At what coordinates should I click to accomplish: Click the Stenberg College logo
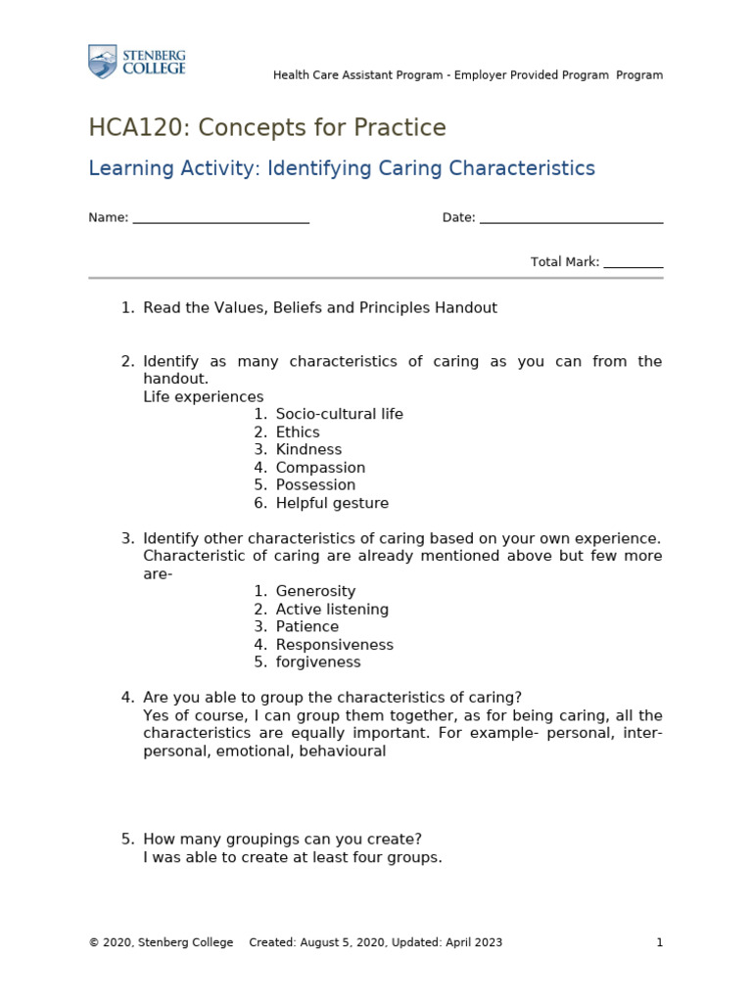point(136,61)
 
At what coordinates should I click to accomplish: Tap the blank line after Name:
point(220,218)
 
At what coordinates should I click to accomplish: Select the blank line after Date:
point(571,218)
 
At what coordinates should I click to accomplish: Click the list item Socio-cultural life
point(339,414)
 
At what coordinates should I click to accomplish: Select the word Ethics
point(298,433)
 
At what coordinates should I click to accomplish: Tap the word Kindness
point(308,450)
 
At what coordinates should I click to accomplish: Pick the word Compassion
point(320,468)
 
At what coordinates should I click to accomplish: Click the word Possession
point(315,485)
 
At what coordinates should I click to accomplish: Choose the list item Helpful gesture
point(332,503)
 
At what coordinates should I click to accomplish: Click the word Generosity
point(315,591)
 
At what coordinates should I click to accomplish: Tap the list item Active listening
point(332,610)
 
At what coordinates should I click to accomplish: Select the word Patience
point(306,627)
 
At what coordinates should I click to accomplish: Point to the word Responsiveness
point(334,645)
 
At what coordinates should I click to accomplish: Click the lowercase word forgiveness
point(318,662)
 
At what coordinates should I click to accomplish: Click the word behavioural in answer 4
point(344,751)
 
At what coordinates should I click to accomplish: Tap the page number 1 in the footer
point(660,942)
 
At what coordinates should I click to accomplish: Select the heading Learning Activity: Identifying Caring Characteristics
point(342,168)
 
